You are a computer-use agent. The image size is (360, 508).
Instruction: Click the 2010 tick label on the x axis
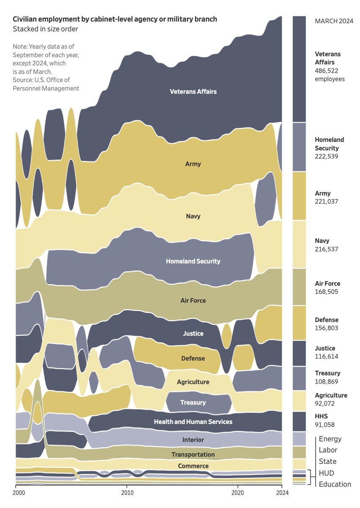127,493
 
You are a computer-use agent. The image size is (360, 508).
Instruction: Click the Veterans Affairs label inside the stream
193,91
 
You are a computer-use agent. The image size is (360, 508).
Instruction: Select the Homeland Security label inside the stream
193,261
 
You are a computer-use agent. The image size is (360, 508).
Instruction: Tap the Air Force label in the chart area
193,301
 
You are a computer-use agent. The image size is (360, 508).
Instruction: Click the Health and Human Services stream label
193,422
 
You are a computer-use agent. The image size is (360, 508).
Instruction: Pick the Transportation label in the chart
193,454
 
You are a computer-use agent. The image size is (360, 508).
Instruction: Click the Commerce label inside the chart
193,466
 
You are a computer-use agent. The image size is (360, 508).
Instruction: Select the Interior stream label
193,440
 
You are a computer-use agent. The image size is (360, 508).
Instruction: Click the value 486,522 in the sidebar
327,71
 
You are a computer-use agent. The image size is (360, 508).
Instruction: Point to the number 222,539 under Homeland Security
327,156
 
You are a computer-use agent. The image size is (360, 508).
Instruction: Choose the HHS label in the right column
321,416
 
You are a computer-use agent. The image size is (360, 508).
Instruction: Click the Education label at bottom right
335,484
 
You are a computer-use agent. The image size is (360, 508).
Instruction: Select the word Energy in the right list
330,439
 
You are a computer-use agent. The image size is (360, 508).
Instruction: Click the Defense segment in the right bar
300,323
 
